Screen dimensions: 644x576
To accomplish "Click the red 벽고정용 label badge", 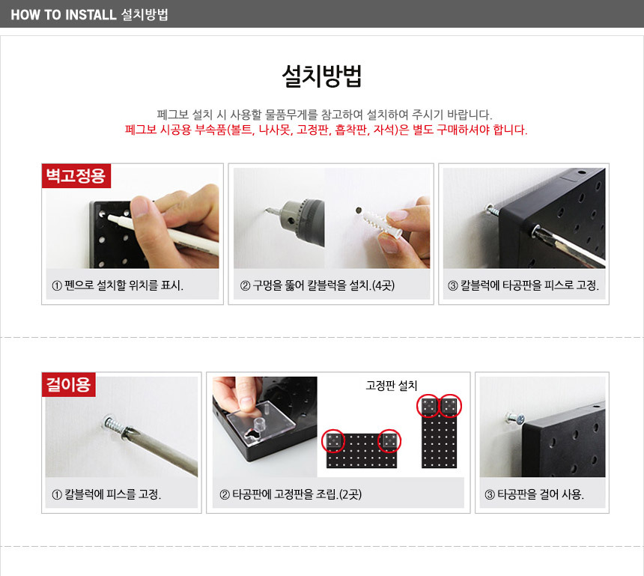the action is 76,175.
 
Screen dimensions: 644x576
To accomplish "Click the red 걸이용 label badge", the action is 69,384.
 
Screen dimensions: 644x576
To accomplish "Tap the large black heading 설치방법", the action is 321,76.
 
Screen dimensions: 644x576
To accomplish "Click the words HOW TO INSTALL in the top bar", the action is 64,15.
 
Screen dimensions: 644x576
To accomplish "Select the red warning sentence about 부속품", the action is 326,130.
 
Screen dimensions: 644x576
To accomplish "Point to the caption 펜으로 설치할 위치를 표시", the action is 118,285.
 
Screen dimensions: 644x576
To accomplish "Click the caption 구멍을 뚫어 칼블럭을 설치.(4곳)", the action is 317,285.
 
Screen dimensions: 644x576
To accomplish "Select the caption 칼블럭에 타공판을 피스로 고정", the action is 523,285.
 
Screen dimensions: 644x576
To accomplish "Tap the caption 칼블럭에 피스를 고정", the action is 106,494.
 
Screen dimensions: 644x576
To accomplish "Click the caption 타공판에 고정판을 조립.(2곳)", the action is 291,494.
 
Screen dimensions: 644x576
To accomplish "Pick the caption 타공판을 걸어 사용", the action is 535,494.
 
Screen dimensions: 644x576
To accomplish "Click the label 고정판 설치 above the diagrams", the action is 392,385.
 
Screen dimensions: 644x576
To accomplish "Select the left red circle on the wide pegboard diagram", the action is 333,441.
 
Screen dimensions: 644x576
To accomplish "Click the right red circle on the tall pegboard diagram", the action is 451,406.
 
